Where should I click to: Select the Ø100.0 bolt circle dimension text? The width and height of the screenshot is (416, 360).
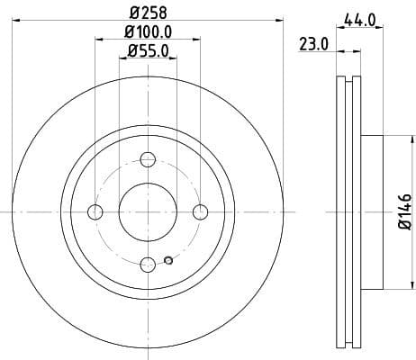pyautogui.click(x=148, y=34)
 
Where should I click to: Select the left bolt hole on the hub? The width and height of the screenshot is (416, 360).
pyautogui.click(x=95, y=211)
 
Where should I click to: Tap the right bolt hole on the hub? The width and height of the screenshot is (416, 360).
pyautogui.click(x=200, y=211)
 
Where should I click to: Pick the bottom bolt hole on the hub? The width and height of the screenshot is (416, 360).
pyautogui.click(x=148, y=264)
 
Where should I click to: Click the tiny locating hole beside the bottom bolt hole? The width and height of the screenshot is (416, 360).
pyautogui.click(x=168, y=262)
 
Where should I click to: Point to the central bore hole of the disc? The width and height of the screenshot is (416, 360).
pyautogui.click(x=148, y=211)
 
